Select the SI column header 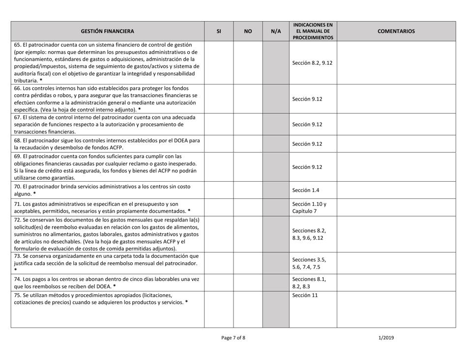coord(218,31)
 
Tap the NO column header coord(248,31)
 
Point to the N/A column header coord(276,31)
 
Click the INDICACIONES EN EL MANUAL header coord(313,31)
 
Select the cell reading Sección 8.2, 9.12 coord(313,63)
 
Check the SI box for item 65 coord(218,63)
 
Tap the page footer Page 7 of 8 coord(233,338)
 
